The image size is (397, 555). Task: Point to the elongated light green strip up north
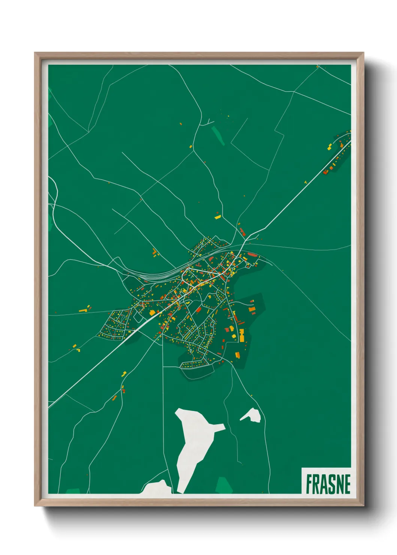point(218,135)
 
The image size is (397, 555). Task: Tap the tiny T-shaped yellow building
point(305,182)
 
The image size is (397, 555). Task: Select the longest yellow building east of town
point(242,335)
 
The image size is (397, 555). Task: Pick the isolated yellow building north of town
point(217,217)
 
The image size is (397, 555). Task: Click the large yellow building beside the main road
point(152,312)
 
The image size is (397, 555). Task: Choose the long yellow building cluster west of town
point(85,309)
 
